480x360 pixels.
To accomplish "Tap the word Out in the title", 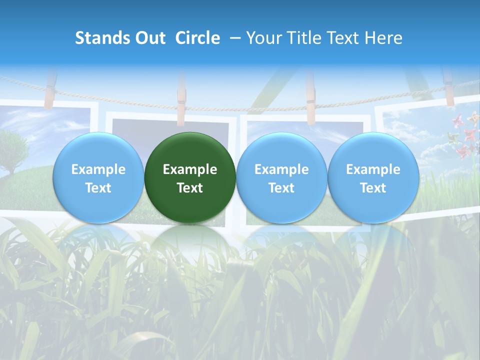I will [x=149, y=38].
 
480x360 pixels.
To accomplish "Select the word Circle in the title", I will [x=197, y=38].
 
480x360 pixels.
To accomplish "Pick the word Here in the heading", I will [x=383, y=38].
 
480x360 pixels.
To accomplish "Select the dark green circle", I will [x=190, y=177].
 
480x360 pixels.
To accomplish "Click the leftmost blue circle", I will [x=98, y=177].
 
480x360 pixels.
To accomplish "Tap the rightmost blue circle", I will [x=373, y=177].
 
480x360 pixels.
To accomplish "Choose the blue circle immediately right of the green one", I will [x=281, y=177].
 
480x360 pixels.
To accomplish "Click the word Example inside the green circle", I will [x=190, y=169].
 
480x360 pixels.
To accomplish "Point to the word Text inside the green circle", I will [x=190, y=188].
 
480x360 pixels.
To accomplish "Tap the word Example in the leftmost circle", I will [x=98, y=169].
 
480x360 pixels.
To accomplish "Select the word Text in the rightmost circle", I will [x=373, y=188].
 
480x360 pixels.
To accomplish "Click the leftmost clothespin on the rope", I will [x=50, y=90].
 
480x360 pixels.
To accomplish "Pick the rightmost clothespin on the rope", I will [x=448, y=87].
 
